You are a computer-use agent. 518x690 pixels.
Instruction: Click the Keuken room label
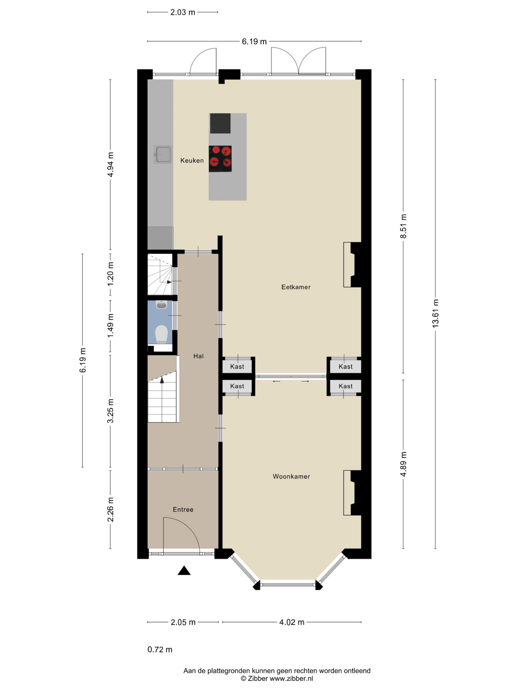(x=192, y=160)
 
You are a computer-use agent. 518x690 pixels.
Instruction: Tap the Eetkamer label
(x=296, y=287)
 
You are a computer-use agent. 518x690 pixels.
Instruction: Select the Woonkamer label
(x=291, y=476)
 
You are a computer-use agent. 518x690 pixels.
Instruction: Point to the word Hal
(x=198, y=356)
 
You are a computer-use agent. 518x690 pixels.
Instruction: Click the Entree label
(x=183, y=509)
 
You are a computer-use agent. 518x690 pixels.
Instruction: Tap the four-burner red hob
(x=220, y=159)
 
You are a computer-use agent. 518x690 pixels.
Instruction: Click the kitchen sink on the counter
(x=163, y=154)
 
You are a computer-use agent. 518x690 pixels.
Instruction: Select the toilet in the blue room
(x=161, y=334)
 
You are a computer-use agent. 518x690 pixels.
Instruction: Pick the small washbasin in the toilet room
(x=161, y=305)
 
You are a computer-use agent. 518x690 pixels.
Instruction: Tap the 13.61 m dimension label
(x=435, y=313)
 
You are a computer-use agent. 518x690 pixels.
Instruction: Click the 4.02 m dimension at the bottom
(x=292, y=622)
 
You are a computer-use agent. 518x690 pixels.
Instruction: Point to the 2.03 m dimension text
(x=183, y=12)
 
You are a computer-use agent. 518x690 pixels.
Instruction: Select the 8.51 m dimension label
(x=403, y=226)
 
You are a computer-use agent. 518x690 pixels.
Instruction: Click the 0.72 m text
(x=160, y=650)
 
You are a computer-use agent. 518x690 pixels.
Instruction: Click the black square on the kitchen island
(x=220, y=123)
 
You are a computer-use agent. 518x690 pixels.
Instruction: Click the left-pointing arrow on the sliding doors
(x=276, y=381)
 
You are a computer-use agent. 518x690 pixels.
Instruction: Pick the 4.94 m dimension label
(x=110, y=164)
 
